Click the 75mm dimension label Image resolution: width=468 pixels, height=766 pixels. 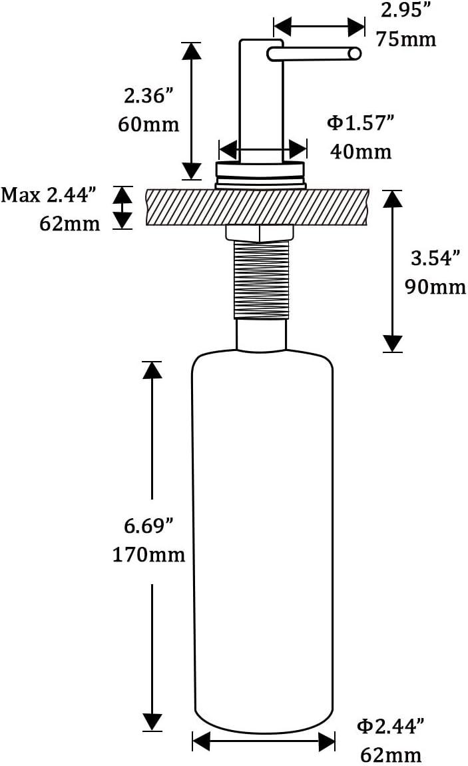pos(406,39)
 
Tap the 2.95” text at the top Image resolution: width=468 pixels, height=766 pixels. pos(401,10)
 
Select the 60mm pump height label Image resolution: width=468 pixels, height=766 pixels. pos(149,125)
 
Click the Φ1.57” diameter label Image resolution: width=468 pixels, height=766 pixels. pos(360,123)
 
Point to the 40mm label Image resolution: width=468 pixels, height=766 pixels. pos(361,151)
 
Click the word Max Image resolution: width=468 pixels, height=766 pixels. pos(21,195)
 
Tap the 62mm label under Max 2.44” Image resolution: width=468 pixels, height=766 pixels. pos(70,224)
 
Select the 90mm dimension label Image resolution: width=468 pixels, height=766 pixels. pos(435,286)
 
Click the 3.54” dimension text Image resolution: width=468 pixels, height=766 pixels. pos(435,258)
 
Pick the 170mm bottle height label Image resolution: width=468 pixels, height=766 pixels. pos(149,554)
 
